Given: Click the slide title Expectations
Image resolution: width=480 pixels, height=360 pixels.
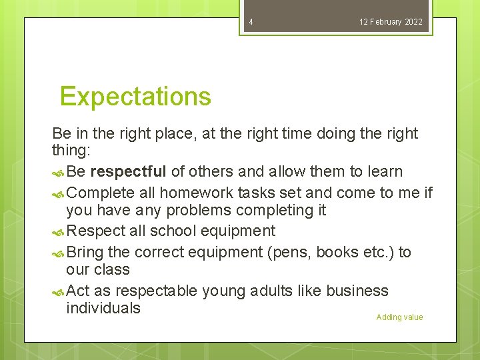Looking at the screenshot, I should point(135,97).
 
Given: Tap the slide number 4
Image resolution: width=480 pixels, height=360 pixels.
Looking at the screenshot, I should point(251,22).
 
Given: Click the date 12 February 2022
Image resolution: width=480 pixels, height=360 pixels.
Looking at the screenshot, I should point(391,22).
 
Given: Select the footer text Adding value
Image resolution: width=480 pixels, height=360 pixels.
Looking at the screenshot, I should point(399,317).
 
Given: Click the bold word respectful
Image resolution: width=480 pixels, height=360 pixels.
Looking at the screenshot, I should point(128,171).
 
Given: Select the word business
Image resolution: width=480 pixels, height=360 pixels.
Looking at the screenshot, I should point(356,291).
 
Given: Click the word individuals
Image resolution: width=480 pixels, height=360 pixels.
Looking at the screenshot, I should point(103,308).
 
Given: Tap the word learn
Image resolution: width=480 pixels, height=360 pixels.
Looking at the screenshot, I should point(385,171).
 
